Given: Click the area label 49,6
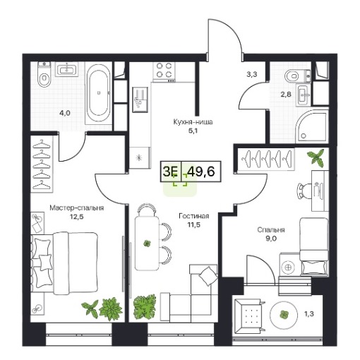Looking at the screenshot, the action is pyautogui.click(x=202, y=171).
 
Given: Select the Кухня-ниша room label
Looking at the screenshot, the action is pyautogui.click(x=193, y=122).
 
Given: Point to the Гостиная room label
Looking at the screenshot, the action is pyautogui.click(x=194, y=216).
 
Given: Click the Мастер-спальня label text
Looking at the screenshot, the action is pyautogui.click(x=77, y=208).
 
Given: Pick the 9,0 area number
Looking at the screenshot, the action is pyautogui.click(x=271, y=239).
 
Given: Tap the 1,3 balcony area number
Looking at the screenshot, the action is pyautogui.click(x=309, y=313).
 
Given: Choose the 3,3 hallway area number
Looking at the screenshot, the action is pyautogui.click(x=252, y=75).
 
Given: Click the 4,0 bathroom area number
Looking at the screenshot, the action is pyautogui.click(x=65, y=113).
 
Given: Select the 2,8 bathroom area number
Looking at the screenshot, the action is pyautogui.click(x=286, y=95).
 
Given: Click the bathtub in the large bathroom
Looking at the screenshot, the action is pyautogui.click(x=98, y=93).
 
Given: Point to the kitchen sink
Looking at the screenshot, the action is pyautogui.click(x=140, y=100).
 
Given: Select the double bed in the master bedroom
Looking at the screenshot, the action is pyautogui.click(x=64, y=263).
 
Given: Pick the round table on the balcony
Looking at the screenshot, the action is pyautogui.click(x=284, y=314).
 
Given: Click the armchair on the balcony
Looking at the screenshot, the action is pyautogui.click(x=251, y=316).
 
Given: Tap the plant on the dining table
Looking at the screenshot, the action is pyautogui.click(x=148, y=244).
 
